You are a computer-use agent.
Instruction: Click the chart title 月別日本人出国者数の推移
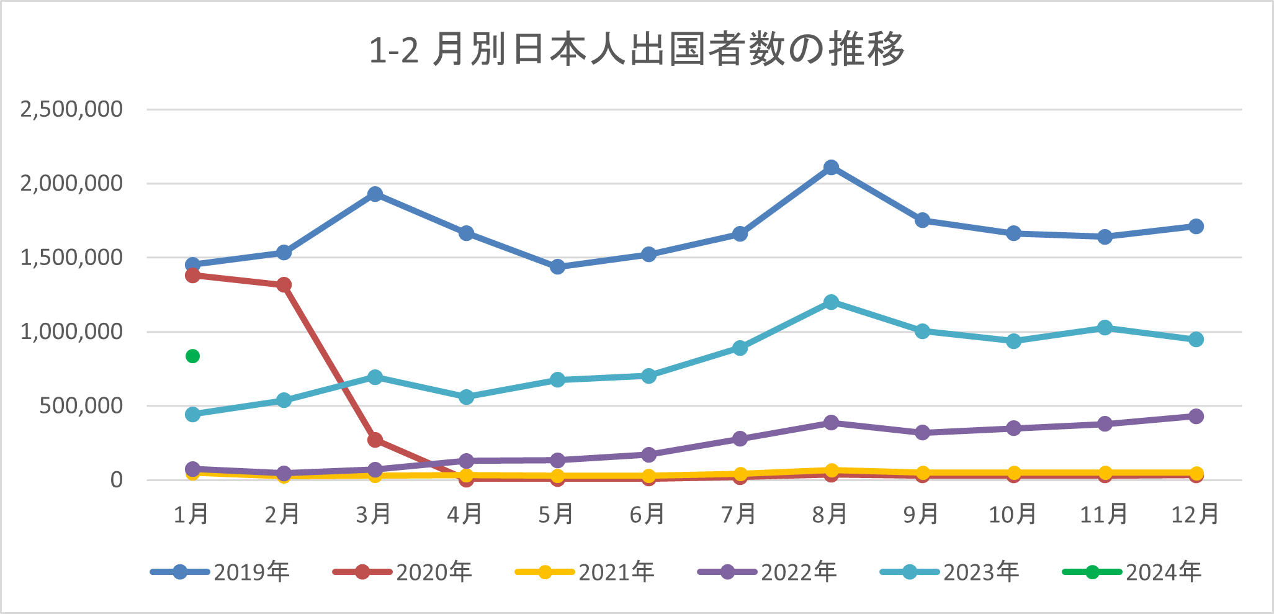(637, 50)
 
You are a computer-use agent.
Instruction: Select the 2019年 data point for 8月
(831, 168)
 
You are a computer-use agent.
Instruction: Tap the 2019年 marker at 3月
(375, 194)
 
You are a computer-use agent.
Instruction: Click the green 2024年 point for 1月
(192, 356)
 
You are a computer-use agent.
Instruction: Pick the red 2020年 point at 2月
(284, 285)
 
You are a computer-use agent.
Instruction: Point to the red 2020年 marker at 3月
(375, 440)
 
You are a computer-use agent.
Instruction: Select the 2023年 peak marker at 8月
(831, 302)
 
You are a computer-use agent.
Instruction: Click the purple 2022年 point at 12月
(1196, 417)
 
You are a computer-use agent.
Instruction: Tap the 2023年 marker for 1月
(192, 414)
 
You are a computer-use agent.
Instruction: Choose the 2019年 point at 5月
(557, 267)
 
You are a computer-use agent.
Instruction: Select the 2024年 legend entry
(1132, 572)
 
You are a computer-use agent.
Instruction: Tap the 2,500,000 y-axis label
(71, 109)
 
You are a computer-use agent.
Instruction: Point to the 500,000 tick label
(81, 406)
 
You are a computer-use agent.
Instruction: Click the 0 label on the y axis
(117, 480)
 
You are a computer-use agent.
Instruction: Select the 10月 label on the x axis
(1013, 514)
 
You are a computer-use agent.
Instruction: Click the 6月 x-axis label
(648, 514)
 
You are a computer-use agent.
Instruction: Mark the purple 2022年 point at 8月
(831, 423)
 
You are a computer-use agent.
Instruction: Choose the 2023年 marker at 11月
(1105, 328)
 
